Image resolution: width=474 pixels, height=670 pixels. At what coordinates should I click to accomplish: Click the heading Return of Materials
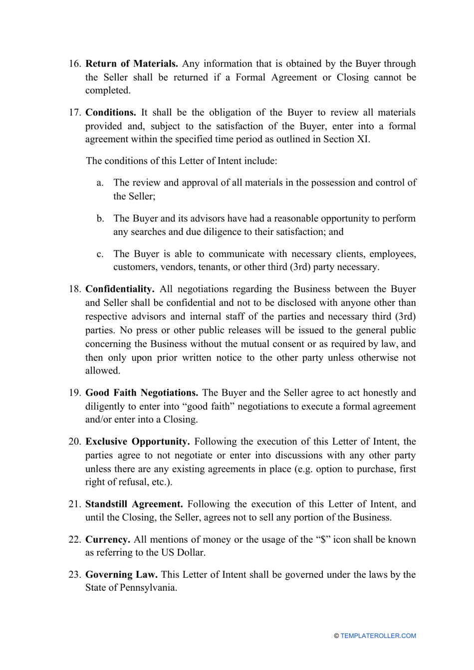point(132,64)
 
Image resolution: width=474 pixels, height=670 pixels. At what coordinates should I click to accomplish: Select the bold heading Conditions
point(111,113)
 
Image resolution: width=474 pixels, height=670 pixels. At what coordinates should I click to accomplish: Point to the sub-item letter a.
point(100,183)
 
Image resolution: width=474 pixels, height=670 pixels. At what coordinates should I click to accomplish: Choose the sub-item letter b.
point(100,219)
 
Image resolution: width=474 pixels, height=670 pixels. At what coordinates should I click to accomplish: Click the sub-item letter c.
point(100,254)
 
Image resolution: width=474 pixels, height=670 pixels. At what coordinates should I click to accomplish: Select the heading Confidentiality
point(120,289)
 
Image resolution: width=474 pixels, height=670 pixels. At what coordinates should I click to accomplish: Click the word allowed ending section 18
point(102,371)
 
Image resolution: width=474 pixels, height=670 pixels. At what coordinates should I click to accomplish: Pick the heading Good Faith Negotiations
point(142,393)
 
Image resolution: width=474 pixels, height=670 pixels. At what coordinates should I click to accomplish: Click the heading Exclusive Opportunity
point(137,442)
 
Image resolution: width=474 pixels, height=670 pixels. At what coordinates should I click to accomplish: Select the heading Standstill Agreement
point(134,504)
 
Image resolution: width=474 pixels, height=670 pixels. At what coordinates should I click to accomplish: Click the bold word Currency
point(108,540)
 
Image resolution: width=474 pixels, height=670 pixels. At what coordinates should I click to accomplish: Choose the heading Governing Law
point(121,575)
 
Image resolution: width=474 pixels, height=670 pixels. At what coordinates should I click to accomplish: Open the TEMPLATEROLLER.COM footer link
point(378,636)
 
